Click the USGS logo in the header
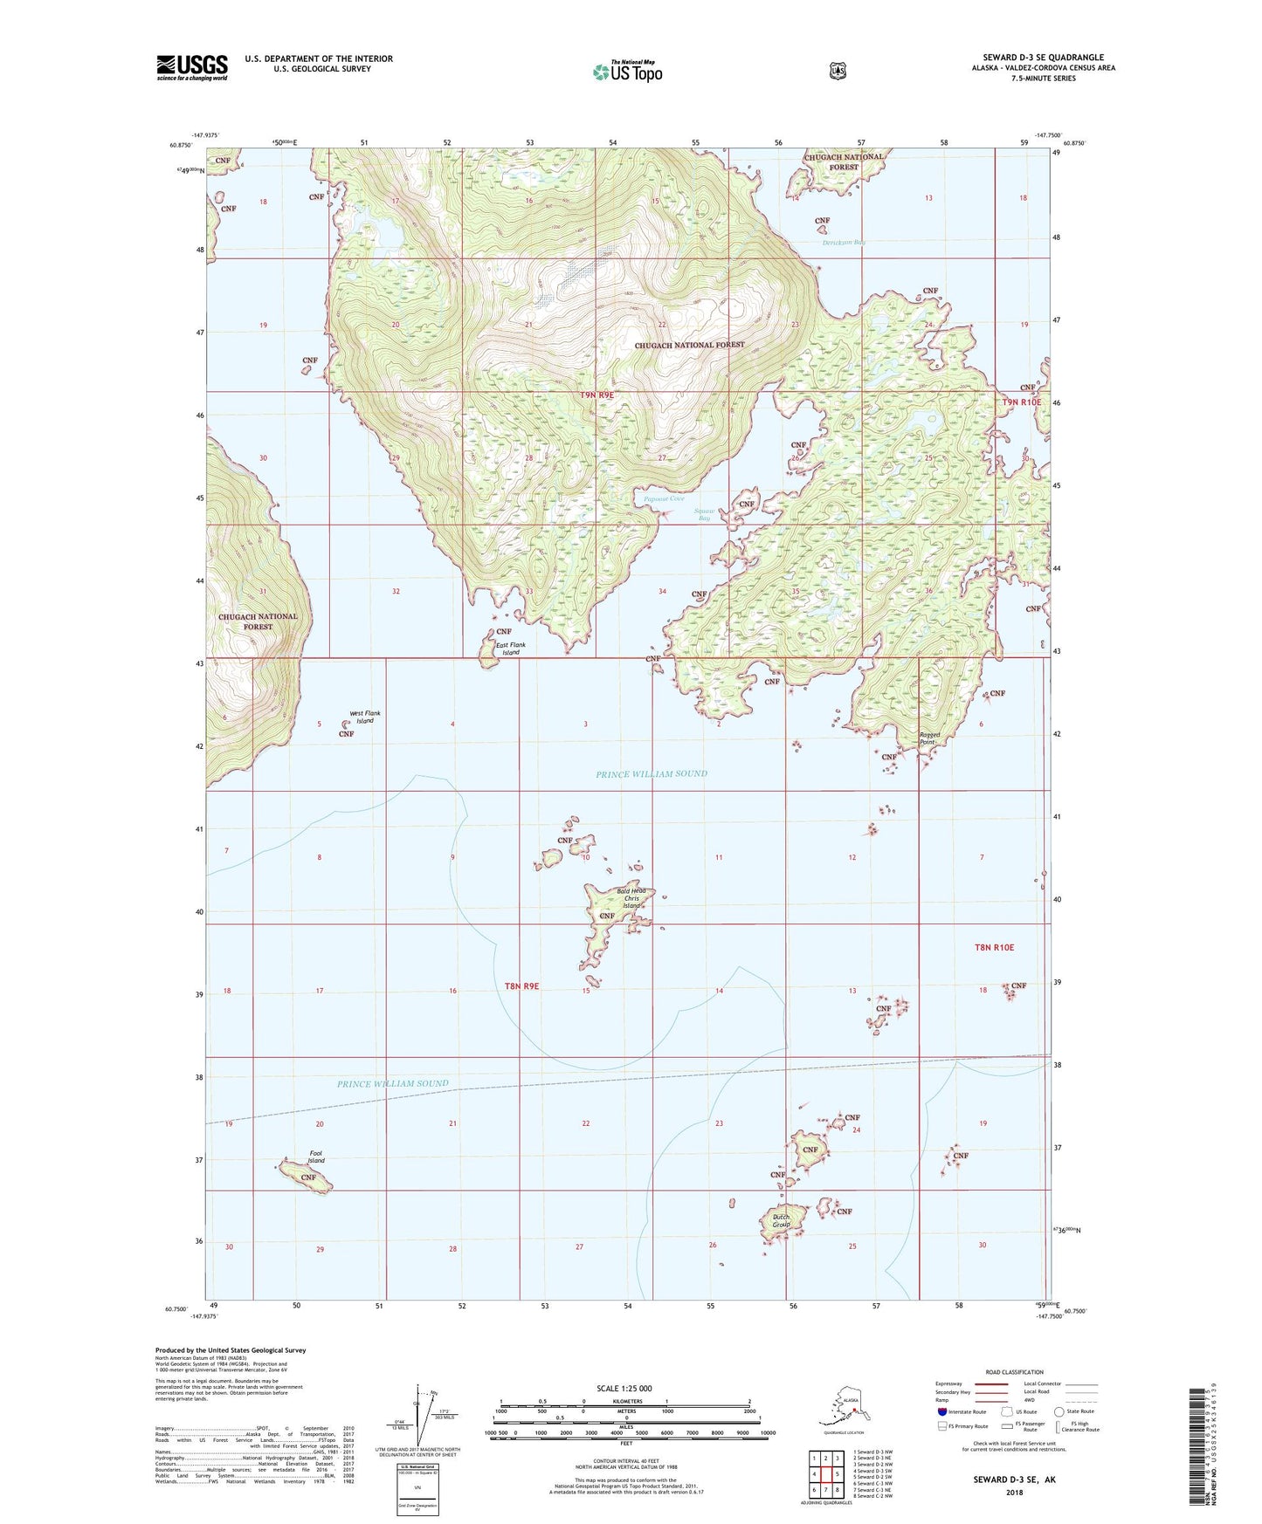tap(192, 67)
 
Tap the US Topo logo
tap(626, 72)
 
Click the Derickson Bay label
tap(844, 243)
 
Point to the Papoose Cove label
tap(652, 499)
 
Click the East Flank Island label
tap(511, 649)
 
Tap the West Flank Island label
tap(365, 717)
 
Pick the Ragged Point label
tap(929, 738)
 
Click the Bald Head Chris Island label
tap(631, 897)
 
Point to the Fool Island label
tap(316, 1157)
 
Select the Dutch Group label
tap(781, 1220)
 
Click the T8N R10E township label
tap(994, 947)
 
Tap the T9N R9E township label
tap(597, 395)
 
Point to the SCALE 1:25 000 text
tap(624, 1388)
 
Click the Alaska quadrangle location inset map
tap(844, 1411)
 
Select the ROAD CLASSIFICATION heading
tap(1013, 1372)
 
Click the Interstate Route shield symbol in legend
tap(941, 1411)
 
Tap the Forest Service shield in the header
tap(838, 71)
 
